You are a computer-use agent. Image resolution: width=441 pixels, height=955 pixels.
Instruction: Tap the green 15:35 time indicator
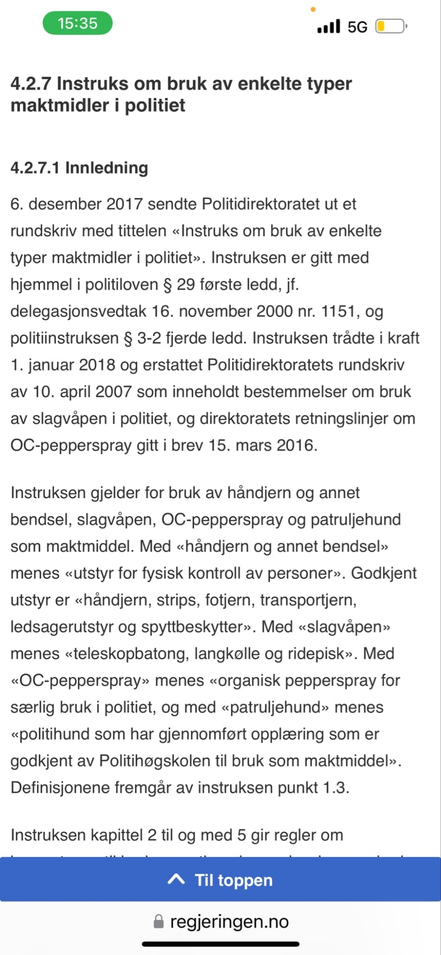coord(77,23)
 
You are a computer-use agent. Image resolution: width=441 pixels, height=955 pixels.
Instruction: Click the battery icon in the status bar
coord(391,26)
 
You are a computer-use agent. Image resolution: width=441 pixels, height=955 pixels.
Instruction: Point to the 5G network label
coord(357,27)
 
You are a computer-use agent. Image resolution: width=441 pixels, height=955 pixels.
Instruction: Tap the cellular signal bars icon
coord(329,26)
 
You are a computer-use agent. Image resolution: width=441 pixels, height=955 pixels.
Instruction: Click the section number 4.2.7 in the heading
coord(31,84)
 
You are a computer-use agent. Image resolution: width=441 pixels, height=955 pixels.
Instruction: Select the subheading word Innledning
coord(106,168)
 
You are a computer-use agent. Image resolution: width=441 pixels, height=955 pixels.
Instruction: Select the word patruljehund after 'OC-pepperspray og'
coord(356,520)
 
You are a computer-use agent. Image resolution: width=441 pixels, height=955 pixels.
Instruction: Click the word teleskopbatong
coord(129,653)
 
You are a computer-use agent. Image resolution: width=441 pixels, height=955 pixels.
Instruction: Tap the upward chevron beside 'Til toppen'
coord(176,880)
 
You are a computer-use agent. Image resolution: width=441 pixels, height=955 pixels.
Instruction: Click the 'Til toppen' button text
coord(233,880)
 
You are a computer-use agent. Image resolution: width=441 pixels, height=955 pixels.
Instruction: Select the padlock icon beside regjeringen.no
coord(158,922)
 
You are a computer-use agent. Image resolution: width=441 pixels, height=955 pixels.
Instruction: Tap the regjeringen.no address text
coord(230,922)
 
